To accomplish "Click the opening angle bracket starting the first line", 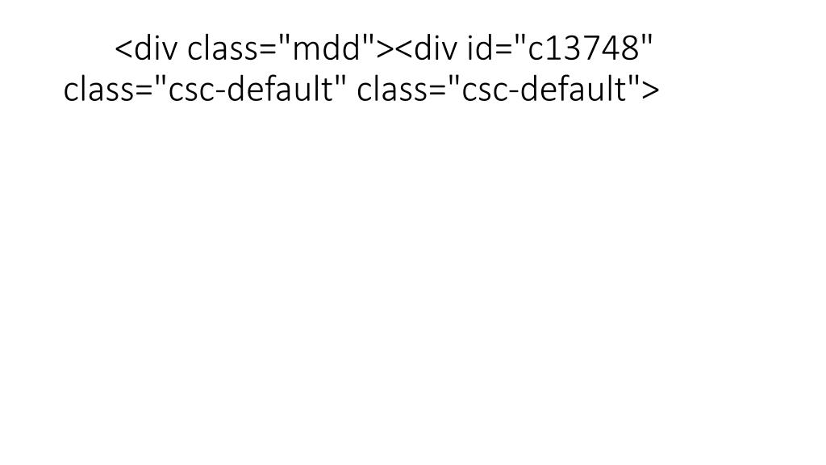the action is click(x=123, y=49).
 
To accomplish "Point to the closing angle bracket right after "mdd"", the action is click(x=386, y=49).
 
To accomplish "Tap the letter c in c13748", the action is click(x=536, y=52).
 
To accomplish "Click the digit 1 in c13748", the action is click(x=555, y=48).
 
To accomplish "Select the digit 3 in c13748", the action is click(x=575, y=48).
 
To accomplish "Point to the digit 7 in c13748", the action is click(x=595, y=48).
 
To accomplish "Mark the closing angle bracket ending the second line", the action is click(x=652, y=90).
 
